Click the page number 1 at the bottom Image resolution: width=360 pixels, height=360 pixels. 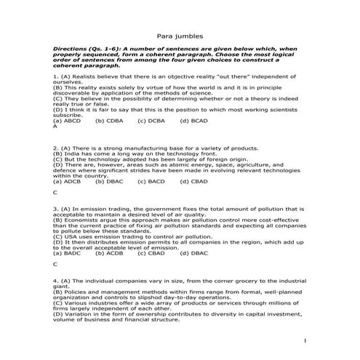(x=305, y=340)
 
